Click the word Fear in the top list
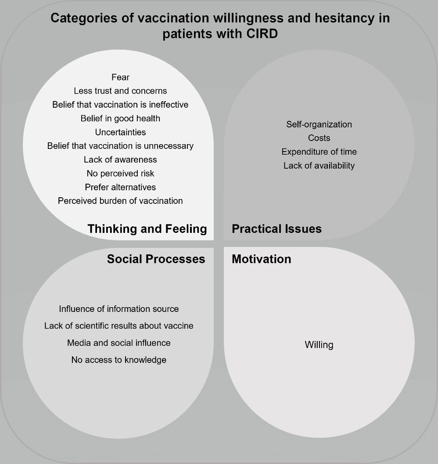(x=120, y=77)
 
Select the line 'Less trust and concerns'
(x=120, y=91)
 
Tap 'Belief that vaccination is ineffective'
(x=120, y=105)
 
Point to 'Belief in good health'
(x=120, y=118)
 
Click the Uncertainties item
(x=120, y=132)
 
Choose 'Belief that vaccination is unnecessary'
(x=120, y=145)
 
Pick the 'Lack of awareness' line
(x=120, y=159)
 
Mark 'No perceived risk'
(x=120, y=173)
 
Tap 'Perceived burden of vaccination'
(x=120, y=201)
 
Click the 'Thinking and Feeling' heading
(x=147, y=228)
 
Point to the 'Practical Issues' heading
(x=276, y=228)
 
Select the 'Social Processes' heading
(x=156, y=259)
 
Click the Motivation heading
(x=261, y=259)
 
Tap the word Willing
(x=319, y=345)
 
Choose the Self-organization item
(x=319, y=124)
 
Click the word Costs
(x=319, y=138)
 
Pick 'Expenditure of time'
(x=319, y=152)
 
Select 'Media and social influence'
(x=119, y=343)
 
